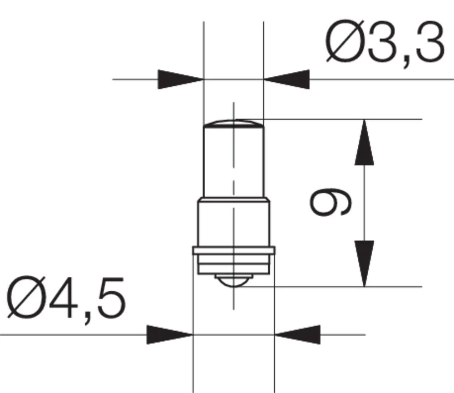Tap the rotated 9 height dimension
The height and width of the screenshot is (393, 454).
coord(331,203)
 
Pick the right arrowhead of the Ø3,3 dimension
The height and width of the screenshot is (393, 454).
coord(287,80)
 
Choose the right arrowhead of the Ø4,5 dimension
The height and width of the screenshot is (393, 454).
coord(297,335)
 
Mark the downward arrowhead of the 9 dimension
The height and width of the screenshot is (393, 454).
coord(364,264)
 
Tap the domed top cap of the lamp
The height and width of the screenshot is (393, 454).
coord(233,123)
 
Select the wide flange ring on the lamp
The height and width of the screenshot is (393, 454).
coord(233,250)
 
